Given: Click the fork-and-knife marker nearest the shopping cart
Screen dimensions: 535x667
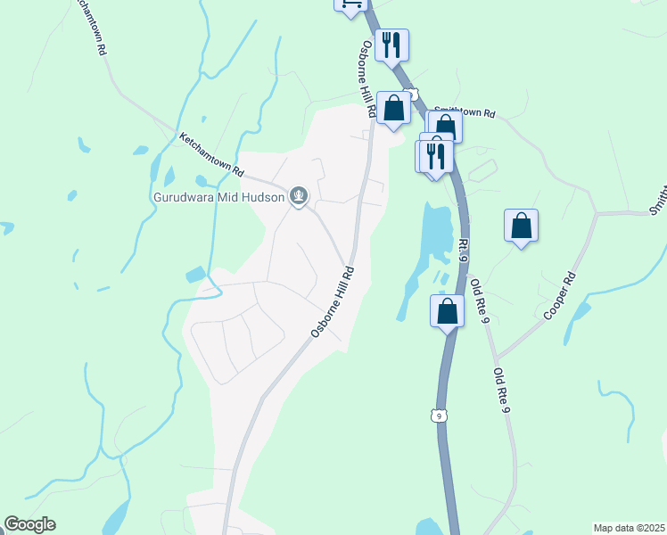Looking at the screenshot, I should [392, 45].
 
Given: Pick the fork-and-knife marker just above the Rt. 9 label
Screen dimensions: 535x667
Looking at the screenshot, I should [436, 156].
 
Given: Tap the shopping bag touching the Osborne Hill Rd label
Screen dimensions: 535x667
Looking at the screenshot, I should [394, 109].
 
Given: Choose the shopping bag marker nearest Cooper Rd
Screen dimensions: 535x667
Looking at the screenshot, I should [522, 226].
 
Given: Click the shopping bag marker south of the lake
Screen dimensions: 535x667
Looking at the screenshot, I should [448, 311].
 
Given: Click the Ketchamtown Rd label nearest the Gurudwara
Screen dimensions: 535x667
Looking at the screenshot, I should [212, 153].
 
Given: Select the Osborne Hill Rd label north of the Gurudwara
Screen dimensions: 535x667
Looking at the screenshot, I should [366, 78].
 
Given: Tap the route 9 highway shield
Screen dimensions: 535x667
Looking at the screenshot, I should [438, 416].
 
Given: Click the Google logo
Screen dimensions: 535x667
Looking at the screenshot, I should [29, 524].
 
